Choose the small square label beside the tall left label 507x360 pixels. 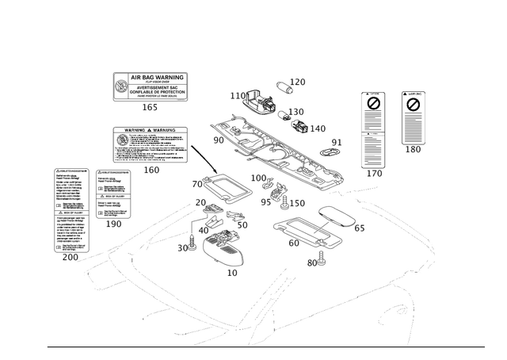(113, 192)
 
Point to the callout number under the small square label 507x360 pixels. (113, 225)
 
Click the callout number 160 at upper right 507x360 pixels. (413, 148)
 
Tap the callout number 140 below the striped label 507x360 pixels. (375, 173)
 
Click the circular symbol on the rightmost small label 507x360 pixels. (412, 102)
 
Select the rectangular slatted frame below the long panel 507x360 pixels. (306, 235)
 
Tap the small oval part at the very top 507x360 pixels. (285, 85)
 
